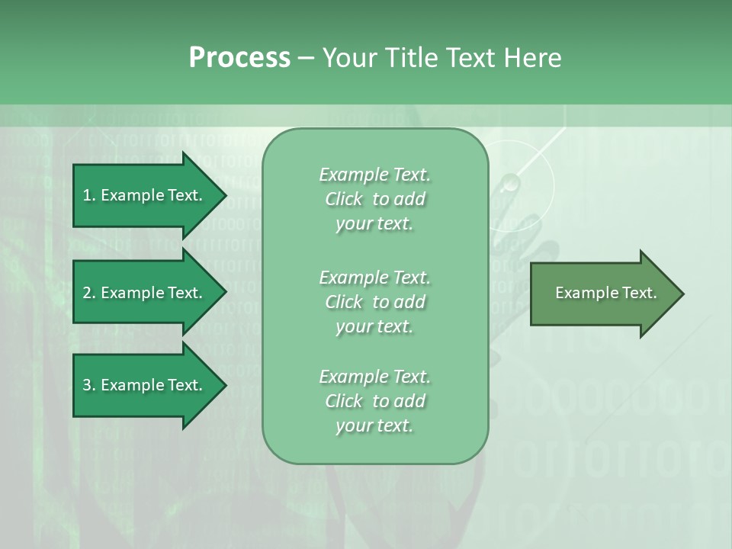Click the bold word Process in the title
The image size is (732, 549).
(x=239, y=58)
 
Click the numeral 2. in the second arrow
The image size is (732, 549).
(x=89, y=293)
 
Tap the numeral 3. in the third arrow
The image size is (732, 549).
(x=89, y=385)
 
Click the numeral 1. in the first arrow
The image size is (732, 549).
(x=88, y=195)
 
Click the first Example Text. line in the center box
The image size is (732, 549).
(x=374, y=175)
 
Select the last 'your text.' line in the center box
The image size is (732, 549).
(x=374, y=425)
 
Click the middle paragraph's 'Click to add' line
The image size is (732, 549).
(x=374, y=302)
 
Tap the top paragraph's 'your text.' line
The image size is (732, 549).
(x=374, y=224)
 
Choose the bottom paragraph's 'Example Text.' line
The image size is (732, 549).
(x=374, y=377)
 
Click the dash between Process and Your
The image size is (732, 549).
(x=306, y=58)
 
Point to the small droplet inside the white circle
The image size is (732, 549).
(x=510, y=182)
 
